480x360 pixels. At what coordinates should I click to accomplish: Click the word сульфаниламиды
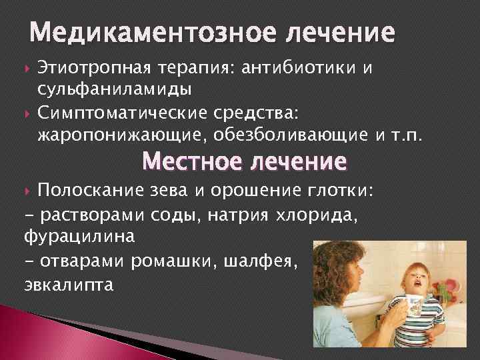coord(115,89)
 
